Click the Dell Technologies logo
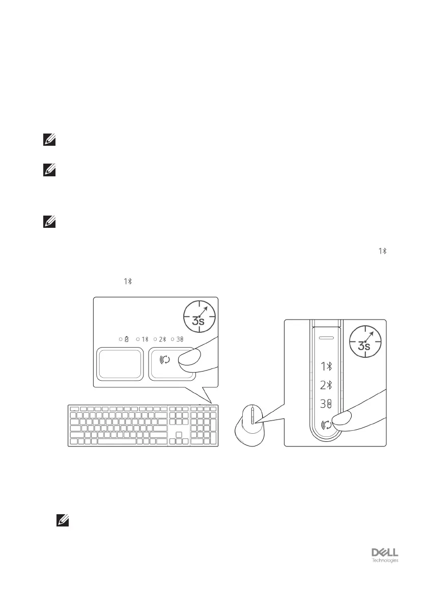(384, 555)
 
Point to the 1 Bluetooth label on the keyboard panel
(145, 339)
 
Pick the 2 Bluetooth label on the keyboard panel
(163, 339)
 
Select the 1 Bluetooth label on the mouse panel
(326, 366)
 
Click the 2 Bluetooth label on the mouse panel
(326, 385)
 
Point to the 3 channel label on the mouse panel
(326, 404)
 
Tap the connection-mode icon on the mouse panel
(327, 423)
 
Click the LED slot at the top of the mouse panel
(326, 337)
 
